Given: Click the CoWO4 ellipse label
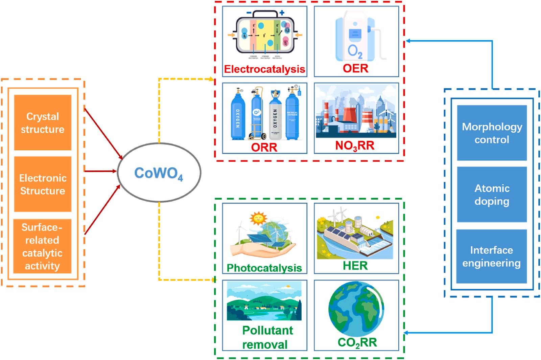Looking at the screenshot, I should (x=159, y=173).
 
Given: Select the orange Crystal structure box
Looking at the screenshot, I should (x=43, y=122).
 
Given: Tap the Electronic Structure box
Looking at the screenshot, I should (x=43, y=184).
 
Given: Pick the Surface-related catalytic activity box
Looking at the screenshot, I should (x=42, y=246).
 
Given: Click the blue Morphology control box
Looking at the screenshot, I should (x=492, y=133).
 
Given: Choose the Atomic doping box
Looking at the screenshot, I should (x=492, y=195).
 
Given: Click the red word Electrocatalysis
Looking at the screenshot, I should (x=264, y=69).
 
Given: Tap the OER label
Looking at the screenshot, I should (x=355, y=68).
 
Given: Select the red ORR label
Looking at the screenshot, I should (x=264, y=147).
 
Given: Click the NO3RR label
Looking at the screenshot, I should (x=355, y=146).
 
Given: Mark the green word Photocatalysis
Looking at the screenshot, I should (x=264, y=268).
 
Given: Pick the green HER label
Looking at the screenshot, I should (x=355, y=266).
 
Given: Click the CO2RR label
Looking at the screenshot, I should (x=357, y=342).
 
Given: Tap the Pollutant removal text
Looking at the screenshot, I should (x=266, y=337).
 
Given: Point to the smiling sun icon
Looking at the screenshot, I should (x=258, y=218).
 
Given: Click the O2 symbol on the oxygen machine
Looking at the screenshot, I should (x=355, y=51).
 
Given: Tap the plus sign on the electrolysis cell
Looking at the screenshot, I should (x=282, y=13).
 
